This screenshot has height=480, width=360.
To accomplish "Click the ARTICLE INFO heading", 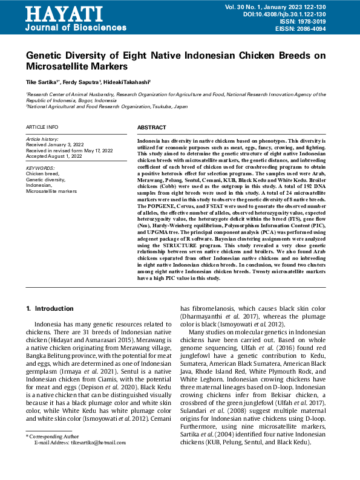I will point(42,128).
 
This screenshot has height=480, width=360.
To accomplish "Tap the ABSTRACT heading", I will point(151,128).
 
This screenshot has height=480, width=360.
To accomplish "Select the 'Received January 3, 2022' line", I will point(54,145).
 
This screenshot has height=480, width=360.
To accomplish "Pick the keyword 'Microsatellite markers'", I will point(51,190).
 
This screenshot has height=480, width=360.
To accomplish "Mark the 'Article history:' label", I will point(41,139).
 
